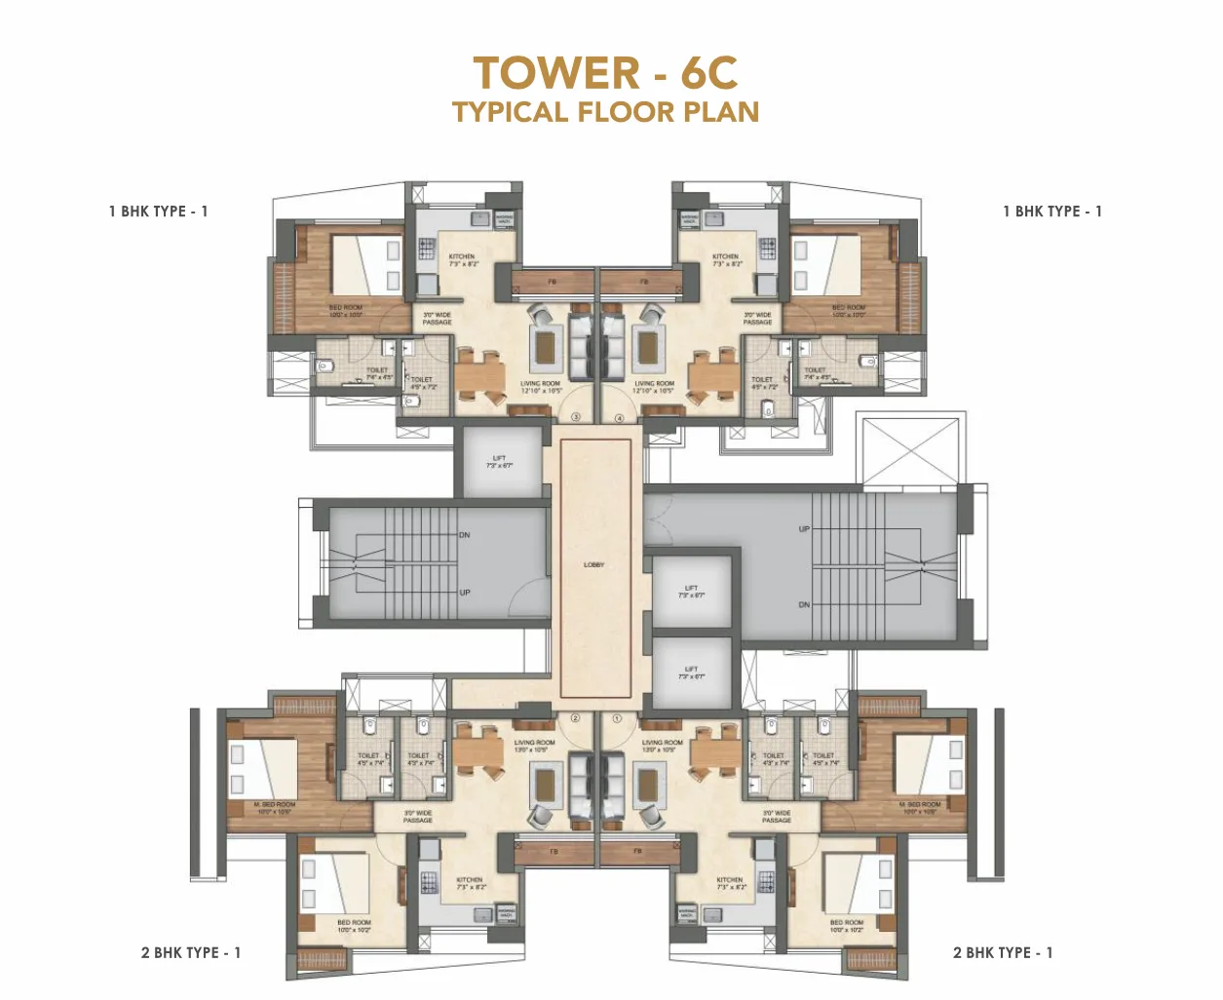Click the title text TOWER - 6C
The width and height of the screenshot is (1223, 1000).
coord(605,74)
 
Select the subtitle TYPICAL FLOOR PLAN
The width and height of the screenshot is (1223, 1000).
coord(605,112)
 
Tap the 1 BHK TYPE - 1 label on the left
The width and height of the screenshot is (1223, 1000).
coord(158,212)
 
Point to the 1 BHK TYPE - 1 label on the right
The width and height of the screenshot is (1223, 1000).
coord(1052,212)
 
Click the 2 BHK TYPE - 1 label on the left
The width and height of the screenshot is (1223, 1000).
coord(190,952)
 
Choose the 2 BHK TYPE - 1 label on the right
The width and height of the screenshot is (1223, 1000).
coord(1003,952)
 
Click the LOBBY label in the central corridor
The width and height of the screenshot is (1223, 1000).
coord(594,565)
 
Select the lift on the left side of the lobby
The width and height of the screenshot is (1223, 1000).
coord(500,461)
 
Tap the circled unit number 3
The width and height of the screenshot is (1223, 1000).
coord(575,417)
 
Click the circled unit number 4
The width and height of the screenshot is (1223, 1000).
coord(619,417)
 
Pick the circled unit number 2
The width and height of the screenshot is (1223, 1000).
coord(575,718)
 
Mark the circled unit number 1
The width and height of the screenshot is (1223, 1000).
coord(617,718)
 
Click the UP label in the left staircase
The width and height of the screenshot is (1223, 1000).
coord(465,593)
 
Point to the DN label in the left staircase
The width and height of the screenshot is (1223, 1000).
coord(465,535)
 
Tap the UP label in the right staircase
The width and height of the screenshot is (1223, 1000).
coord(804,529)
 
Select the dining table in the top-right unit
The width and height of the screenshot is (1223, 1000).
coord(713,375)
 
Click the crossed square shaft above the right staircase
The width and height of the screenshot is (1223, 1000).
coord(908,450)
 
